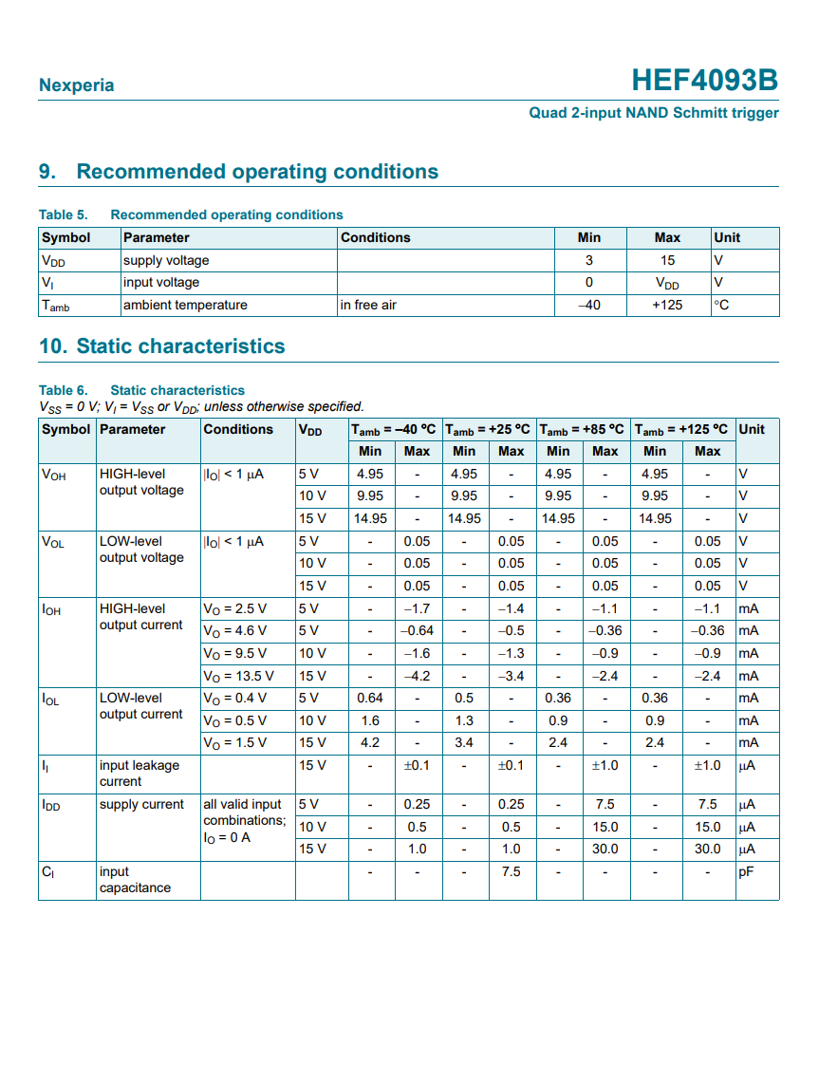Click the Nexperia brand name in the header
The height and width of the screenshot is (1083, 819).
pos(76,85)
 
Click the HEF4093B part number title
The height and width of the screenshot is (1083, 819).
pos(704,81)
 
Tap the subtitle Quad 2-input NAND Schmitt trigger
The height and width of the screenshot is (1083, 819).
pos(653,113)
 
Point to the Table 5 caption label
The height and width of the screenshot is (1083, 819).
pos(63,215)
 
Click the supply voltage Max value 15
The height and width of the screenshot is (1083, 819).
pos(667,260)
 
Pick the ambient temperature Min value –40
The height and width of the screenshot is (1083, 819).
pos(588,305)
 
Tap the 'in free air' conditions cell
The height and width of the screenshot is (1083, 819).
pos(368,305)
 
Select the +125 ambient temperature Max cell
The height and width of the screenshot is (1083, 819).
pos(667,305)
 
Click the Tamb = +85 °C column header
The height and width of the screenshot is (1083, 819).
pos(583,429)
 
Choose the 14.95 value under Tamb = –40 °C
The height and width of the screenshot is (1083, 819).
pos(369,518)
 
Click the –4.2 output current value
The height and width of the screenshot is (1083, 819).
pos(417,676)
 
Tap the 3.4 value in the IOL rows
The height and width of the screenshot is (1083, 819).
pos(464,742)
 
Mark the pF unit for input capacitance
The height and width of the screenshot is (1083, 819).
pos(746,871)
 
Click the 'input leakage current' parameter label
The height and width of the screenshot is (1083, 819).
pos(139,774)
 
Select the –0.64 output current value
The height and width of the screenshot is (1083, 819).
pos(417,630)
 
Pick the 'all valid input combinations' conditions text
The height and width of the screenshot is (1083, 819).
pos(244,812)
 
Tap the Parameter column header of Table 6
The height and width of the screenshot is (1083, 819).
pos(132,429)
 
